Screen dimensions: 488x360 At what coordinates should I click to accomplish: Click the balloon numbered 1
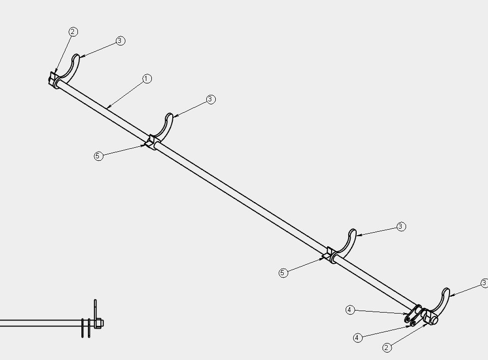point(147,79)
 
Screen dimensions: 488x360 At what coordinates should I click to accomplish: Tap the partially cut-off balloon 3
point(485,283)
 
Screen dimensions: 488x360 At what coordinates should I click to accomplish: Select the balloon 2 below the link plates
point(387,348)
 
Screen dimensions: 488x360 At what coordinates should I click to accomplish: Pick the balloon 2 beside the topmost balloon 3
point(73,32)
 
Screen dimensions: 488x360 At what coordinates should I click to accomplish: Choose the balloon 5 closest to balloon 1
point(98,156)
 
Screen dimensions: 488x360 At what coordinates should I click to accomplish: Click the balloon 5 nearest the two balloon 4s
point(283,273)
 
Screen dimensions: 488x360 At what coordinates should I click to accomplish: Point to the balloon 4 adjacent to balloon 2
point(358,338)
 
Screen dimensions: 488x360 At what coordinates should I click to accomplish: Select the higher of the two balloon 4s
point(350,310)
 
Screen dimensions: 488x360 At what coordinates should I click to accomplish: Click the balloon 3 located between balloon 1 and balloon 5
point(211,99)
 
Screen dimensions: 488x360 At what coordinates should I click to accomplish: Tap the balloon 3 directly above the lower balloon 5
point(401,227)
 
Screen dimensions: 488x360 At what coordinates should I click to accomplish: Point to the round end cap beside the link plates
point(434,320)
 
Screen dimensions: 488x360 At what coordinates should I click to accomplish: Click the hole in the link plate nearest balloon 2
point(413,323)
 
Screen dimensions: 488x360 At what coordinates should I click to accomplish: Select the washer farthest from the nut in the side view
point(82,328)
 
